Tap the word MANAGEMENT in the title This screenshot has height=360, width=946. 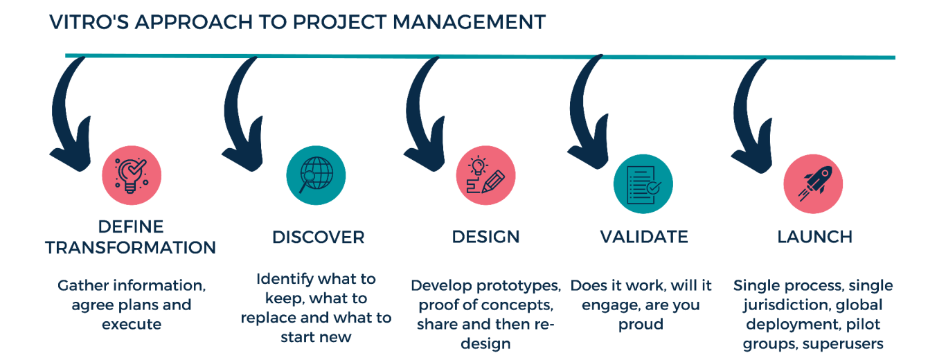point(470,22)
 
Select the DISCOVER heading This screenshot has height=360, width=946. point(319,237)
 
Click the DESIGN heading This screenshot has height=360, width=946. point(485,237)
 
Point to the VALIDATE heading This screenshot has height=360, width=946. point(644,237)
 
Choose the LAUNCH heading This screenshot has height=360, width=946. point(814,237)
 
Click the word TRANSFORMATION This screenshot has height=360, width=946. point(130,248)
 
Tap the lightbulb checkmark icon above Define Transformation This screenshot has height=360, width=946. point(132,176)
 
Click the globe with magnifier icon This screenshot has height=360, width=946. point(316,176)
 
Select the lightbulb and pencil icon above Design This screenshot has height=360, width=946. point(485,176)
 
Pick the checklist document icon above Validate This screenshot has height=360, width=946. point(643,184)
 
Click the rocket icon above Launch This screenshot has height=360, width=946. point(814,184)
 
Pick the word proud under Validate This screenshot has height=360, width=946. point(641,325)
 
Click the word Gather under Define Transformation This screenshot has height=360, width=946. point(82,286)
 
